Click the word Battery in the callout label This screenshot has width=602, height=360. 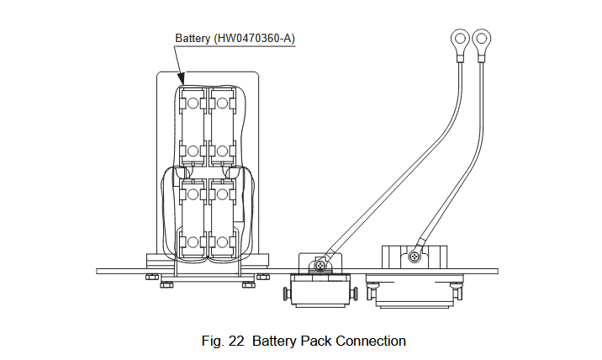[193, 39]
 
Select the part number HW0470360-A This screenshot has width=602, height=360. [254, 39]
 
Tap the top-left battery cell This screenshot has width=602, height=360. [193, 126]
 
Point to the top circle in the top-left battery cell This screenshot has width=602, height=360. [193, 103]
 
